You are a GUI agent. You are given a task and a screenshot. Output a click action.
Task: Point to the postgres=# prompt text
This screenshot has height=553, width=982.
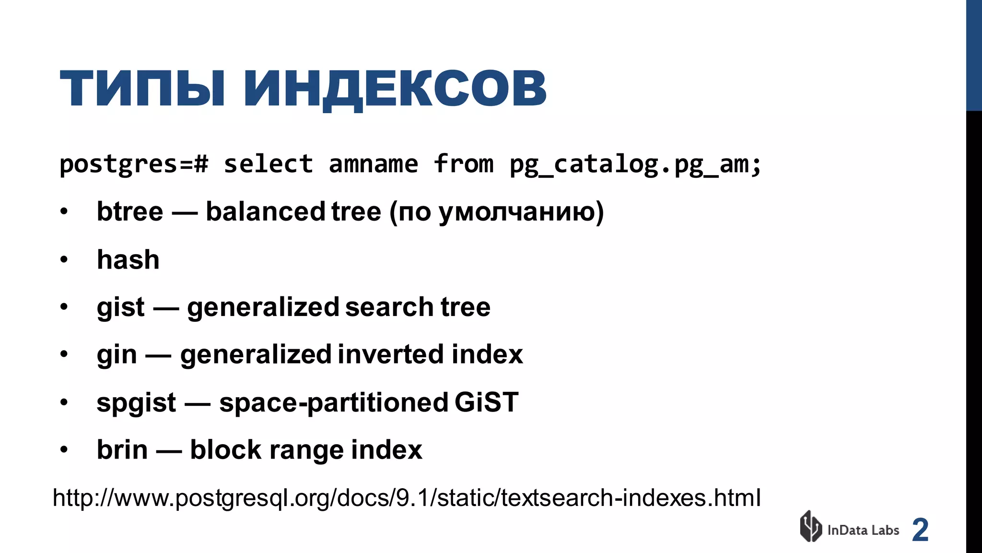[x=134, y=165]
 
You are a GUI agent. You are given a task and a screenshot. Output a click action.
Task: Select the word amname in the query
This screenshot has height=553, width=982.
[x=373, y=164]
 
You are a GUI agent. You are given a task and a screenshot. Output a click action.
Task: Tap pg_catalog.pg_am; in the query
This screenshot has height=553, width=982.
[x=635, y=165]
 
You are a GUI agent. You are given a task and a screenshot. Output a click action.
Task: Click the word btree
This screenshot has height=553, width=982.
[x=130, y=212]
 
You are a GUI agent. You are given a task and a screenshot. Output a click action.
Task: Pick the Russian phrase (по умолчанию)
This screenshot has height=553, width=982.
[x=496, y=212]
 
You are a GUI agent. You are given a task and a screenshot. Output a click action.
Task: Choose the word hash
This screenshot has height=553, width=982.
[x=128, y=259]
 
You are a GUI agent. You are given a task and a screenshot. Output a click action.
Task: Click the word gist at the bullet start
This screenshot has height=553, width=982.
[x=120, y=307]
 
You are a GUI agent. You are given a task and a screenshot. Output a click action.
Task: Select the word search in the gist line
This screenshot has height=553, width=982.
[x=389, y=307]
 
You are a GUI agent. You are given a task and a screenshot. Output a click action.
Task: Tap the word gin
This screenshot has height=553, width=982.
[x=117, y=355]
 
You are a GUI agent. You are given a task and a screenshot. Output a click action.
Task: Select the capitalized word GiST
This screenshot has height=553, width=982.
[x=486, y=402]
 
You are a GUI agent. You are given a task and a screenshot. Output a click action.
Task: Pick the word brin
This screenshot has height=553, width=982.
[x=122, y=450]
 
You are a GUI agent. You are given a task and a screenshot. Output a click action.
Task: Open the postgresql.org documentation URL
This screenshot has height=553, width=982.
[x=407, y=498]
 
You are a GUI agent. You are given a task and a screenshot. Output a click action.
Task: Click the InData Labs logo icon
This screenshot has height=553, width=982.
[x=811, y=526]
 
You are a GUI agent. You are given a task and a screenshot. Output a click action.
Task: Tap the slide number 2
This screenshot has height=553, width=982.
[x=920, y=530]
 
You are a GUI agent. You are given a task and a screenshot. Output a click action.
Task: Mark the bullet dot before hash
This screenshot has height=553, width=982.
[x=64, y=260]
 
